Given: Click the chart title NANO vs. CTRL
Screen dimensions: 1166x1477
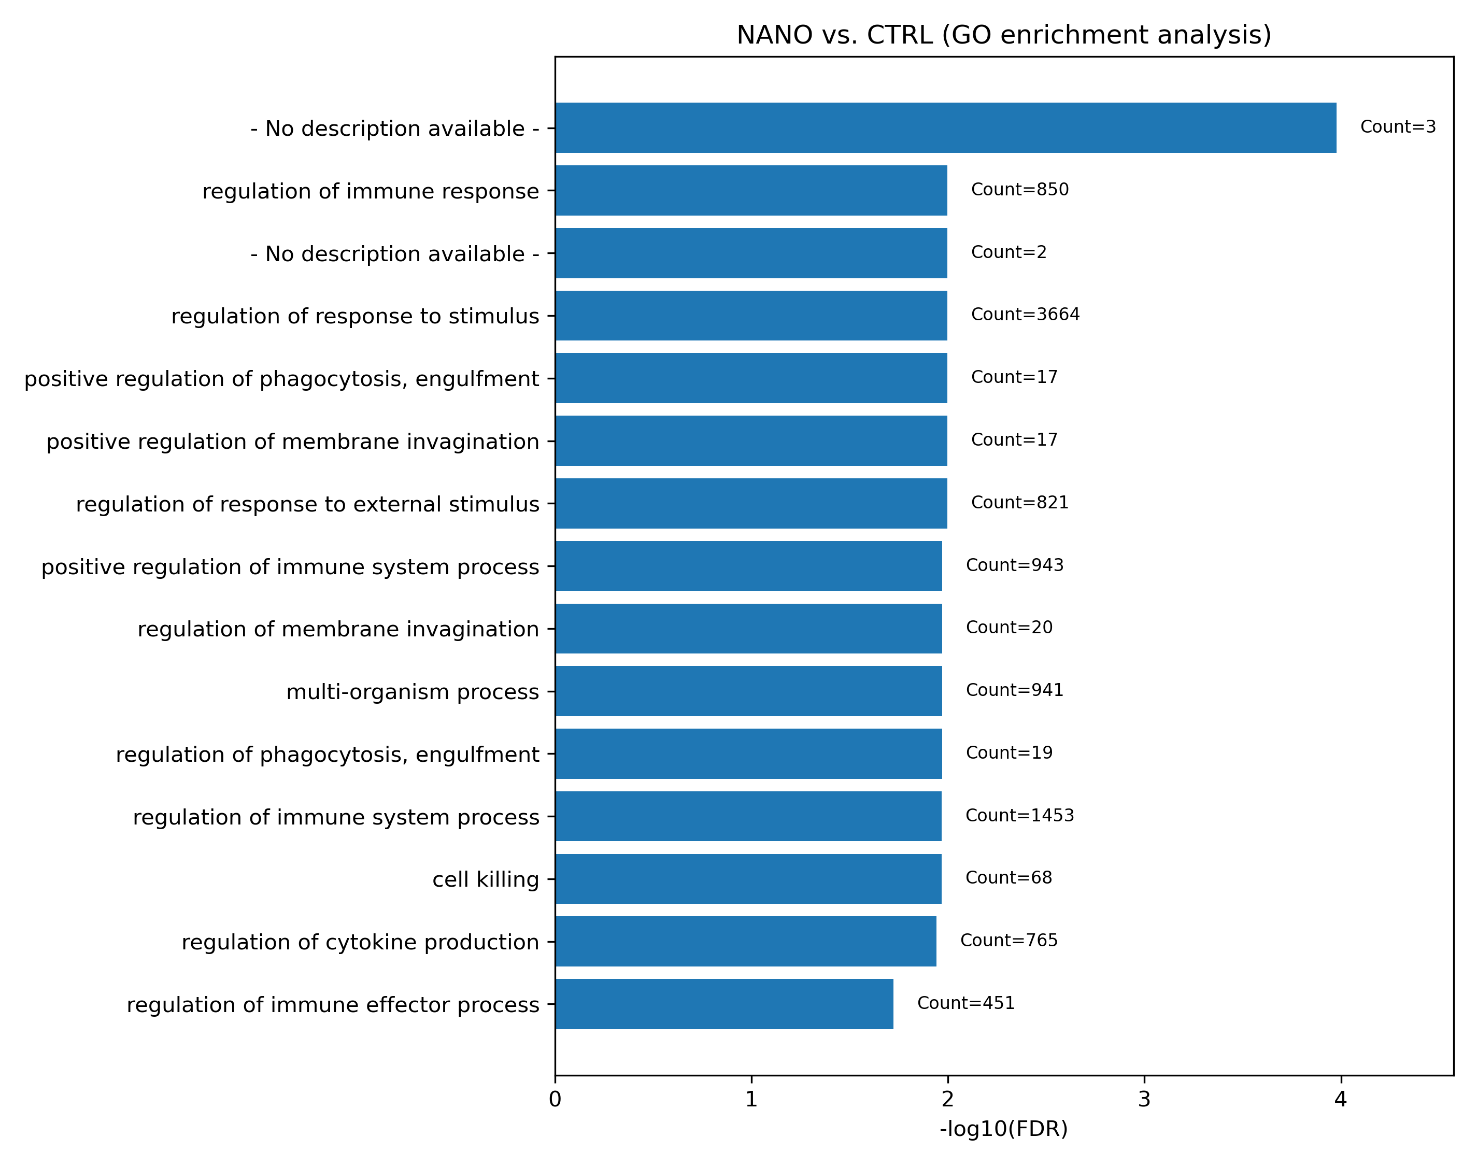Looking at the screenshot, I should (x=1003, y=35).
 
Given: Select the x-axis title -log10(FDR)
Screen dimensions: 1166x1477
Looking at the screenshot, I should (x=1003, y=1129).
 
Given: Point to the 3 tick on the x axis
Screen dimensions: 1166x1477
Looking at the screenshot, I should (x=1144, y=1100).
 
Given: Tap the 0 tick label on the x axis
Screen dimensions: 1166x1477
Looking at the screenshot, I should (x=555, y=1100).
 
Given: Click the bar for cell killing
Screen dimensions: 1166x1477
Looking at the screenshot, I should (x=748, y=878).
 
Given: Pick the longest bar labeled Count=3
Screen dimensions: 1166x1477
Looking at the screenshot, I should (x=945, y=127).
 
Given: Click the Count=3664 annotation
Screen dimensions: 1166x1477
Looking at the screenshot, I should (x=1025, y=315).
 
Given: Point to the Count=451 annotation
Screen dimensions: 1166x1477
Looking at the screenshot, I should (x=966, y=1003).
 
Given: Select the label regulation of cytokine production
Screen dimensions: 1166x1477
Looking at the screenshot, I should (x=360, y=942).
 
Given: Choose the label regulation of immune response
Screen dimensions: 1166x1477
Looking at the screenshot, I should (x=371, y=191).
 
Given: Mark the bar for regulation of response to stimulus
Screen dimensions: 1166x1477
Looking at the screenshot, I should (x=751, y=316).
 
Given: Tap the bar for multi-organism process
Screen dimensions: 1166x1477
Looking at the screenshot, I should (x=748, y=691).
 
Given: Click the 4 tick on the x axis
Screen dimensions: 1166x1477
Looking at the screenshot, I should (x=1341, y=1100).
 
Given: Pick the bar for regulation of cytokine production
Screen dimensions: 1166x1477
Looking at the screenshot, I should (x=745, y=942).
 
